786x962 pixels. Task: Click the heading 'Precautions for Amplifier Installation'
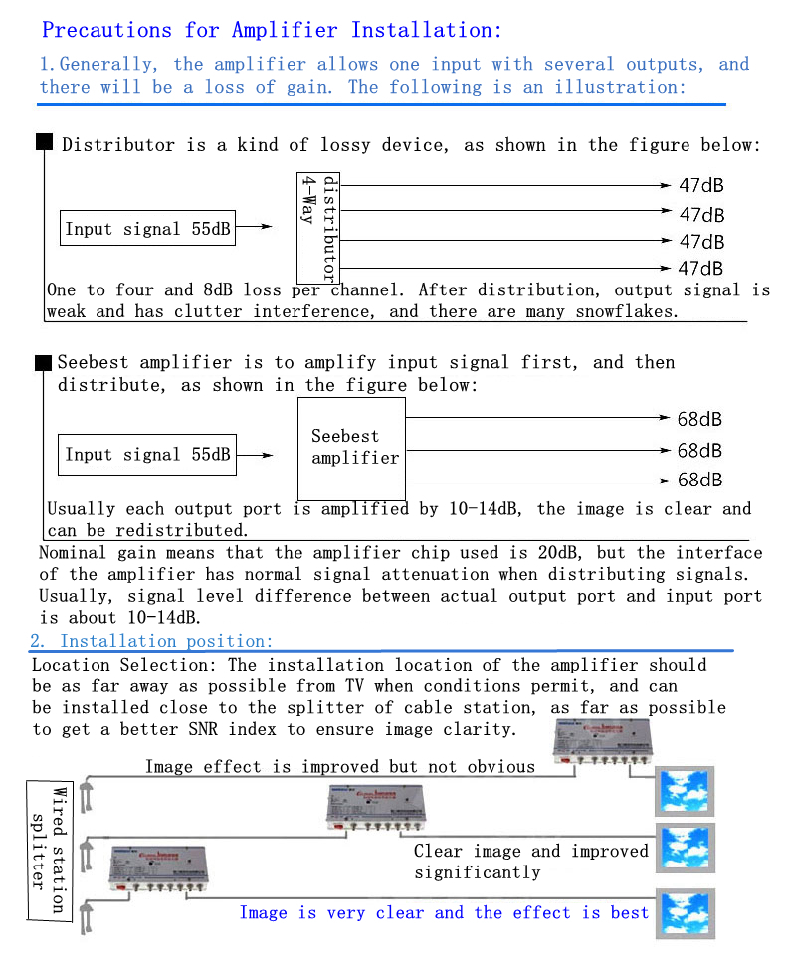[x=272, y=30]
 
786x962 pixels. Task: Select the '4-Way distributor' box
[x=318, y=228]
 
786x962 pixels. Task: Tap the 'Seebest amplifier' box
[x=352, y=448]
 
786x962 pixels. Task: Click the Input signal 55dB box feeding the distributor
[x=147, y=228]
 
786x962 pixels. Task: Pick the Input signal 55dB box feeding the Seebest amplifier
[x=147, y=455]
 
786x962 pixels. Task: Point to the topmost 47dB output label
[x=701, y=186]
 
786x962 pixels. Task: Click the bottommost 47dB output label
[x=701, y=268]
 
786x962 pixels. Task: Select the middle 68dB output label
[x=699, y=451]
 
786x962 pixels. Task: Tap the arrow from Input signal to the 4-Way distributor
[x=254, y=227]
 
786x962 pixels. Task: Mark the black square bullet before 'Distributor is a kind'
[x=44, y=142]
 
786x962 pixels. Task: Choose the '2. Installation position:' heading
[x=151, y=642]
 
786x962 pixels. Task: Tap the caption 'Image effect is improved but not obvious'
[x=340, y=766]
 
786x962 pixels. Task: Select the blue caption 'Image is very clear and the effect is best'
[x=444, y=912]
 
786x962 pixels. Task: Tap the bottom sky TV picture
[x=686, y=911]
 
